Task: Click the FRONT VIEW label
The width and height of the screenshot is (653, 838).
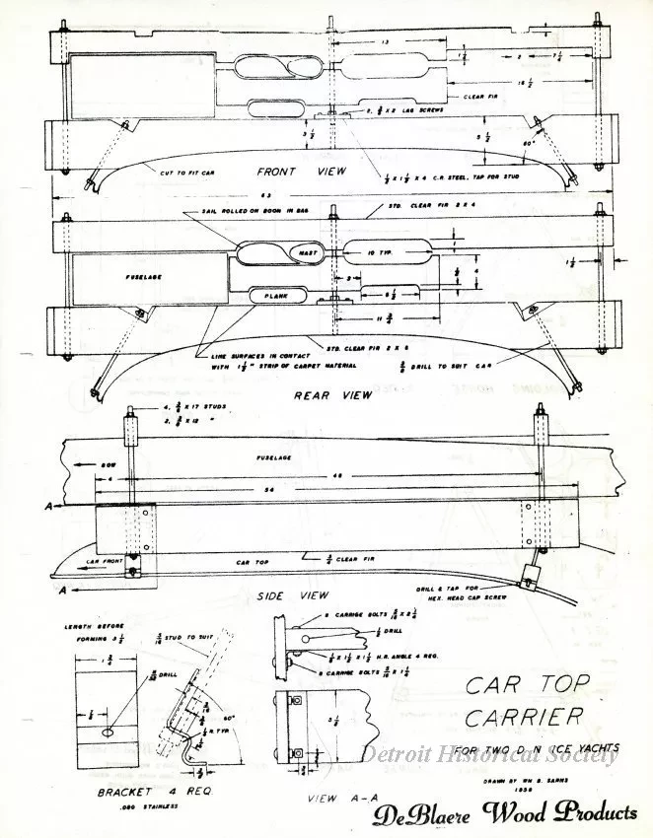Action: tap(296, 169)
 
